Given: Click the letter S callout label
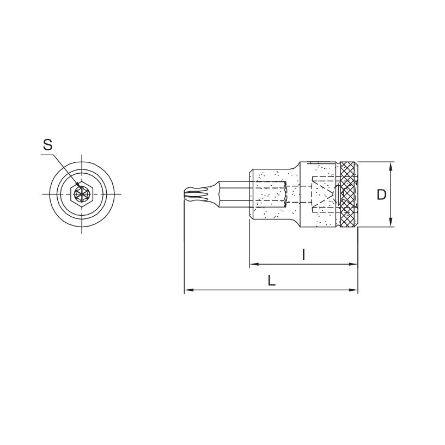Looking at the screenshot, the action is point(48,145).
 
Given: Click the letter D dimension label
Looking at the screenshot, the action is point(382,194).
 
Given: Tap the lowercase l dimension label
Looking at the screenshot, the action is point(303,254).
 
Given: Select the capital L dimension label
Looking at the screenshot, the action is point(272,281).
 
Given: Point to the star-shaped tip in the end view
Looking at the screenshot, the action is point(82,194).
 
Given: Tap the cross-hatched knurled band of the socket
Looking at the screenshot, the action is point(349,194).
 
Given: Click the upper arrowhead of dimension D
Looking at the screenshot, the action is point(391,166).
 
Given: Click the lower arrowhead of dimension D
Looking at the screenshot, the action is point(391,222).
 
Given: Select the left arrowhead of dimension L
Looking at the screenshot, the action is point(189,290).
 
